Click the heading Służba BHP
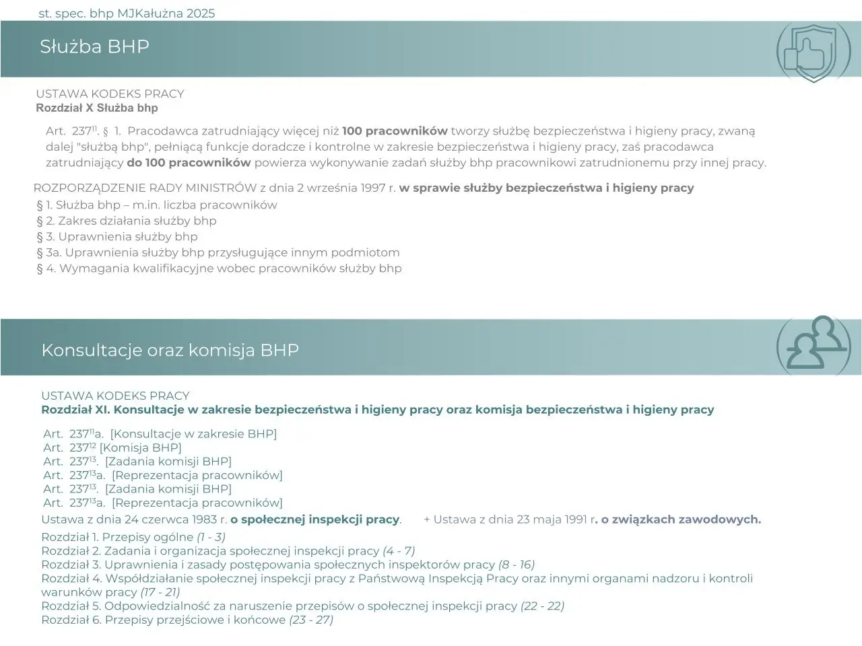pyautogui.click(x=94, y=46)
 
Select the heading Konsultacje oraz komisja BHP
pyautogui.click(x=170, y=350)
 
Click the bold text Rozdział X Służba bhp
pyautogui.click(x=97, y=108)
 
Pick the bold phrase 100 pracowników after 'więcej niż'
pyautogui.click(x=395, y=131)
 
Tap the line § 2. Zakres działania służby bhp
pyautogui.click(x=127, y=221)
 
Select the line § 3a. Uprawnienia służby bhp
pyautogui.click(x=218, y=252)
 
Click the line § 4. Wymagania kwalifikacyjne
pyautogui.click(x=219, y=268)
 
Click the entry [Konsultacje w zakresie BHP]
pyautogui.click(x=193, y=434)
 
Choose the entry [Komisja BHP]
pyautogui.click(x=140, y=447)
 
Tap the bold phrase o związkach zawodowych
pyautogui.click(x=680, y=519)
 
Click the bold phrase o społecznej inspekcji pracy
pyautogui.click(x=315, y=519)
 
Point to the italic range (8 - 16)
pyautogui.click(x=517, y=565)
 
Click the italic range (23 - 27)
pyautogui.click(x=311, y=620)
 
